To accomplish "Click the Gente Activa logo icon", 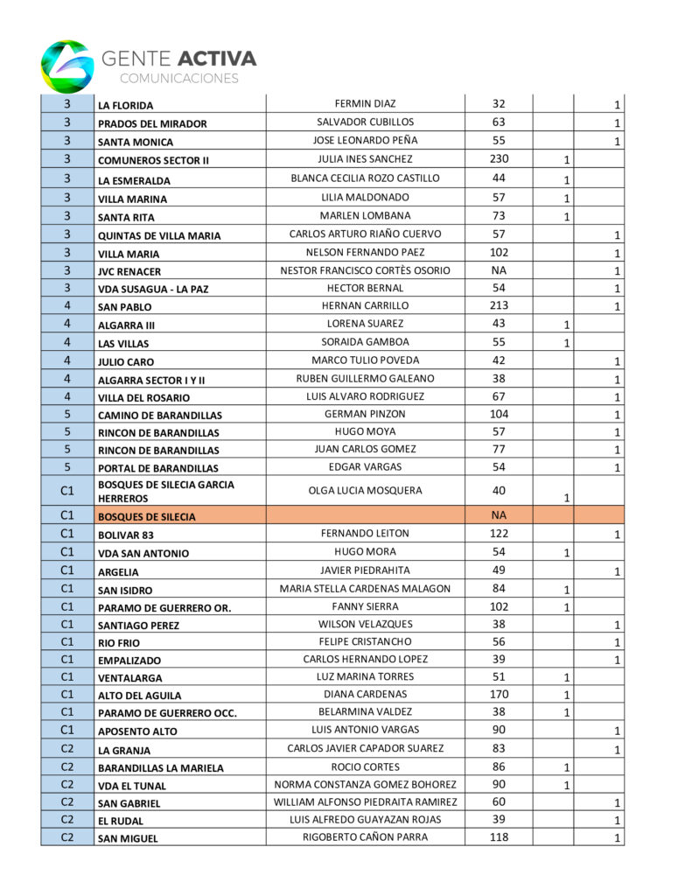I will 66,66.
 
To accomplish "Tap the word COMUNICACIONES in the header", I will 178,79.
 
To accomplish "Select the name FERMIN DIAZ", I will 366,104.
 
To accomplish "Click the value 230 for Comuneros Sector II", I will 499,159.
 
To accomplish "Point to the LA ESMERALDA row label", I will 134,181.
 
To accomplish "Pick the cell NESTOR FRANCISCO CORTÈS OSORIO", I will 366,270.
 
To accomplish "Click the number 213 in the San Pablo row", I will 499,306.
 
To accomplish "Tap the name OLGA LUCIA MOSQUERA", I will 366,491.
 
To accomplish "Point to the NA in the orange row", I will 499,515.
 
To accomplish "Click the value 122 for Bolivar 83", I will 499,534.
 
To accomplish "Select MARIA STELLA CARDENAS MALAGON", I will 366,589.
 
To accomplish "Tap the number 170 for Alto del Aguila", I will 499,695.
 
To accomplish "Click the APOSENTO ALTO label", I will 137,731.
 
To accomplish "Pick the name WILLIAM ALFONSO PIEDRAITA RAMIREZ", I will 366,802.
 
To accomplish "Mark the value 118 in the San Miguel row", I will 499,837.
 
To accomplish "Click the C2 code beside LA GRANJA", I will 67,749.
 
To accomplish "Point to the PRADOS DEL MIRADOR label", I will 152,123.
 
